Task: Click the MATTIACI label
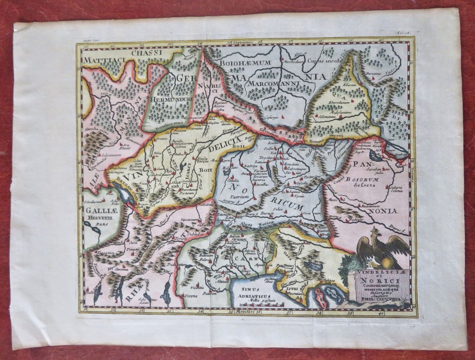click(105, 60)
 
